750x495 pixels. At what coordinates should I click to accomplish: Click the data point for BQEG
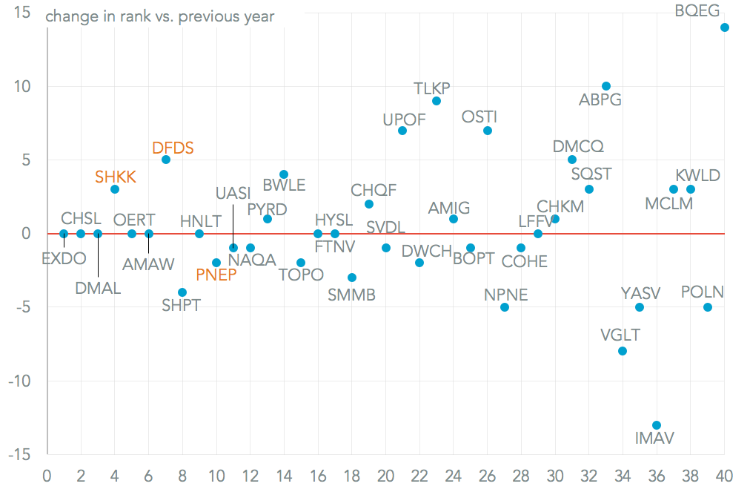725,27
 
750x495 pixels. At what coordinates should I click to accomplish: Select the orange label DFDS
173,148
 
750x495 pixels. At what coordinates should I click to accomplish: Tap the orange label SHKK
116,177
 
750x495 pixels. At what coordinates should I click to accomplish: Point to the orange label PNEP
216,275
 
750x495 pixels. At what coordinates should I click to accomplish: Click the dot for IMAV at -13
657,425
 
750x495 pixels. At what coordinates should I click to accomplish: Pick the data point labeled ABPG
606,86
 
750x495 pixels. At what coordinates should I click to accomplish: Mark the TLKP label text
432,88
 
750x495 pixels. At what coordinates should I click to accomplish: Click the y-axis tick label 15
23,13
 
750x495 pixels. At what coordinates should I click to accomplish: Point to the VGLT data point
623,351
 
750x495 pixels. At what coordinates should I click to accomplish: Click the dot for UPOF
402,131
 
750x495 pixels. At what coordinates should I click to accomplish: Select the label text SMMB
351,295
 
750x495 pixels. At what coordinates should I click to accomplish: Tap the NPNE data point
505,307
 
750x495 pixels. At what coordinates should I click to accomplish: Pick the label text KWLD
697,176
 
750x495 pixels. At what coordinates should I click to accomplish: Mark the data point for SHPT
182,292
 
